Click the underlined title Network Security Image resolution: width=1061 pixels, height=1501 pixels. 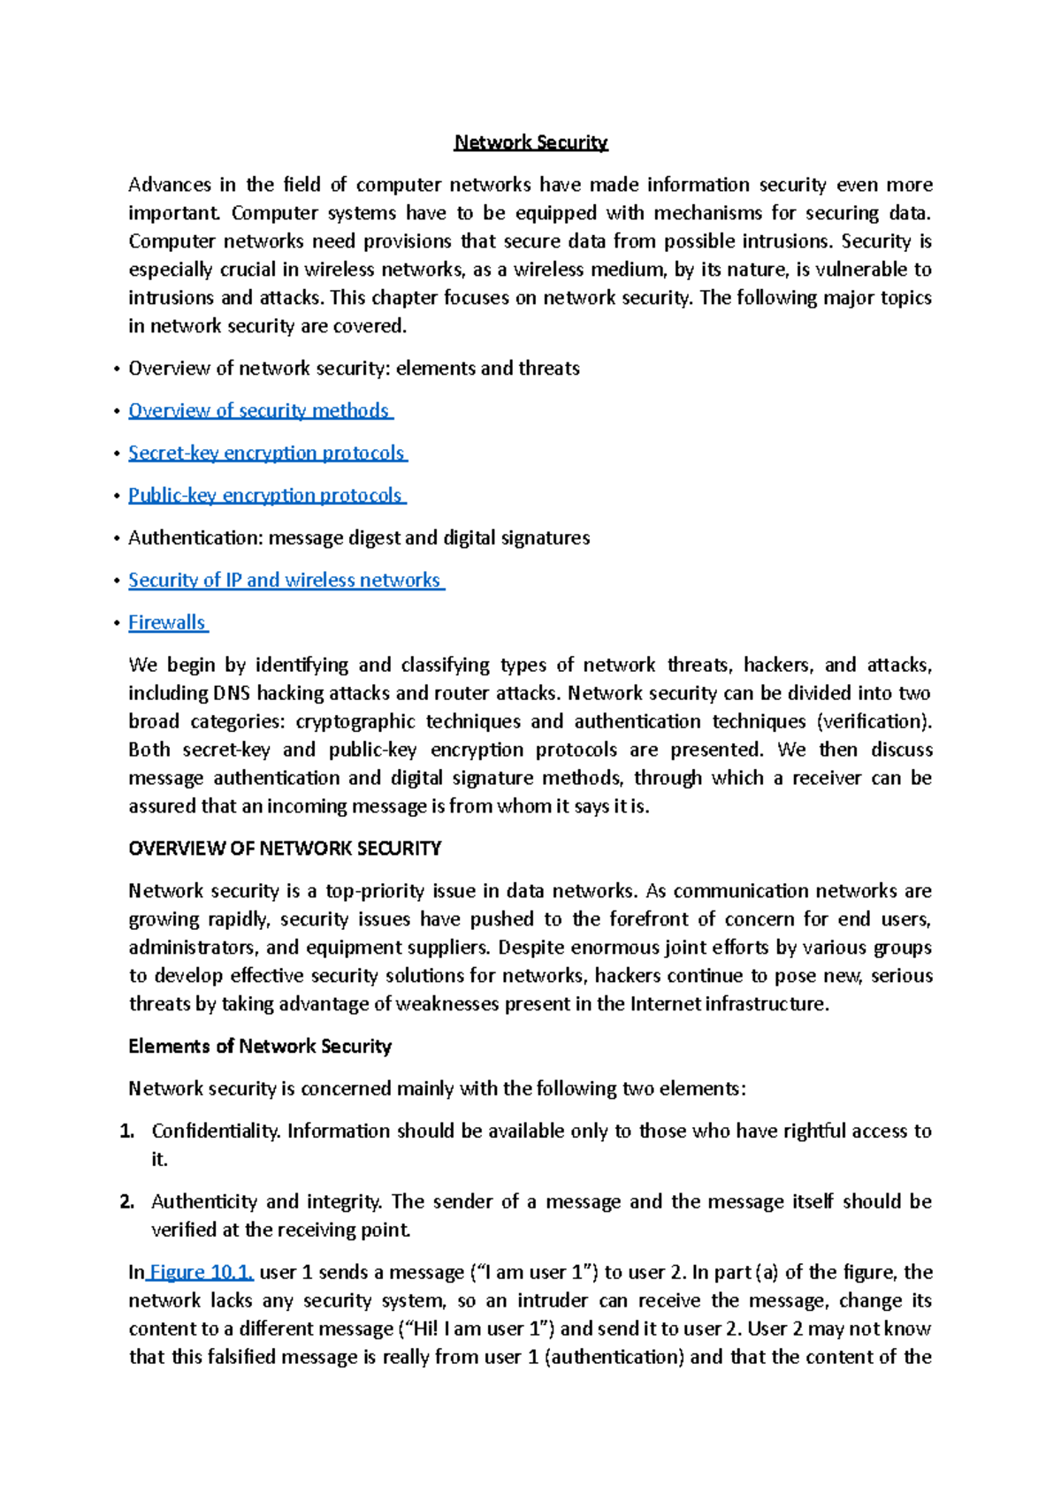coord(530,142)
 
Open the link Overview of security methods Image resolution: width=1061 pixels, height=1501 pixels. coord(259,410)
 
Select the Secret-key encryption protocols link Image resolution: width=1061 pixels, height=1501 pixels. coord(266,453)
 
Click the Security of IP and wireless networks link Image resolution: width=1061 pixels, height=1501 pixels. coord(285,580)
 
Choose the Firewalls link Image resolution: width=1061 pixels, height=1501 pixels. coord(167,622)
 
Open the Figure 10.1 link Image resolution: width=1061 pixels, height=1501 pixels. coord(202,1272)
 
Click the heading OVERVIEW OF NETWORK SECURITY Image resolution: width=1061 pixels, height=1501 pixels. coord(285,849)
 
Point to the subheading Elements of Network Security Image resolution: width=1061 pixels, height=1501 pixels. coord(260,1047)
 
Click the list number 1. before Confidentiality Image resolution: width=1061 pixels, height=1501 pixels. coord(126,1131)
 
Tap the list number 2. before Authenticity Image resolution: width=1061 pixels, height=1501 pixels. coord(126,1202)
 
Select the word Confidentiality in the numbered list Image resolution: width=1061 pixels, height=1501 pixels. coord(215,1131)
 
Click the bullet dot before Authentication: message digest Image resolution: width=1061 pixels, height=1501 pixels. coord(117,538)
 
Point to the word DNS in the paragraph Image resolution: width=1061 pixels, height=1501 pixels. coord(232,693)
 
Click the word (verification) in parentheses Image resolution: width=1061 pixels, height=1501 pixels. coord(874,721)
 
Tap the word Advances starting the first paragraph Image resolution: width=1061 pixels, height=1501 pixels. coord(170,185)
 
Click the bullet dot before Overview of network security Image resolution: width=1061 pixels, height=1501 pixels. coord(117,369)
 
